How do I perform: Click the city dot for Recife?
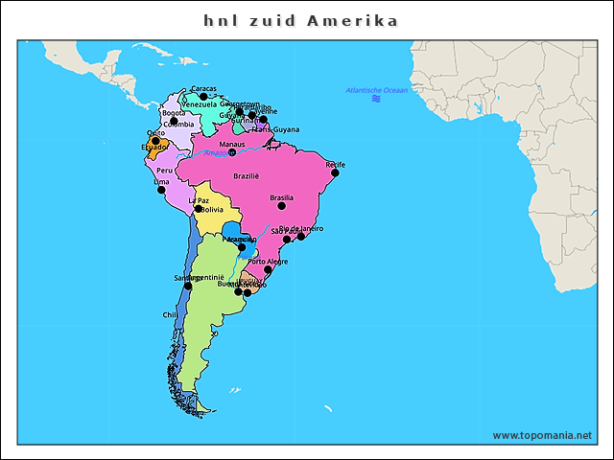[336, 172]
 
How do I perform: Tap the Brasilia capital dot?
[282, 205]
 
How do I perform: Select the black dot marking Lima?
[161, 189]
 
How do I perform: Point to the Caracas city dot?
[203, 96]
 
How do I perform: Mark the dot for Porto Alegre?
[268, 269]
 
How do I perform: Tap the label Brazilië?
[247, 176]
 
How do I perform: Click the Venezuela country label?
[200, 104]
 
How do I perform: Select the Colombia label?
[178, 124]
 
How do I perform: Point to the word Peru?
[165, 170]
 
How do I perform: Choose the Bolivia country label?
[212, 209]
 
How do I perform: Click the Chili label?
[169, 314]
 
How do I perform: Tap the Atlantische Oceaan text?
[377, 90]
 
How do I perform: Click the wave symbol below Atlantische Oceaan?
[377, 99]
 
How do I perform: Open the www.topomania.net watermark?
[542, 435]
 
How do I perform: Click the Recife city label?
[335, 165]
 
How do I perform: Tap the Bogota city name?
[174, 113]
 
